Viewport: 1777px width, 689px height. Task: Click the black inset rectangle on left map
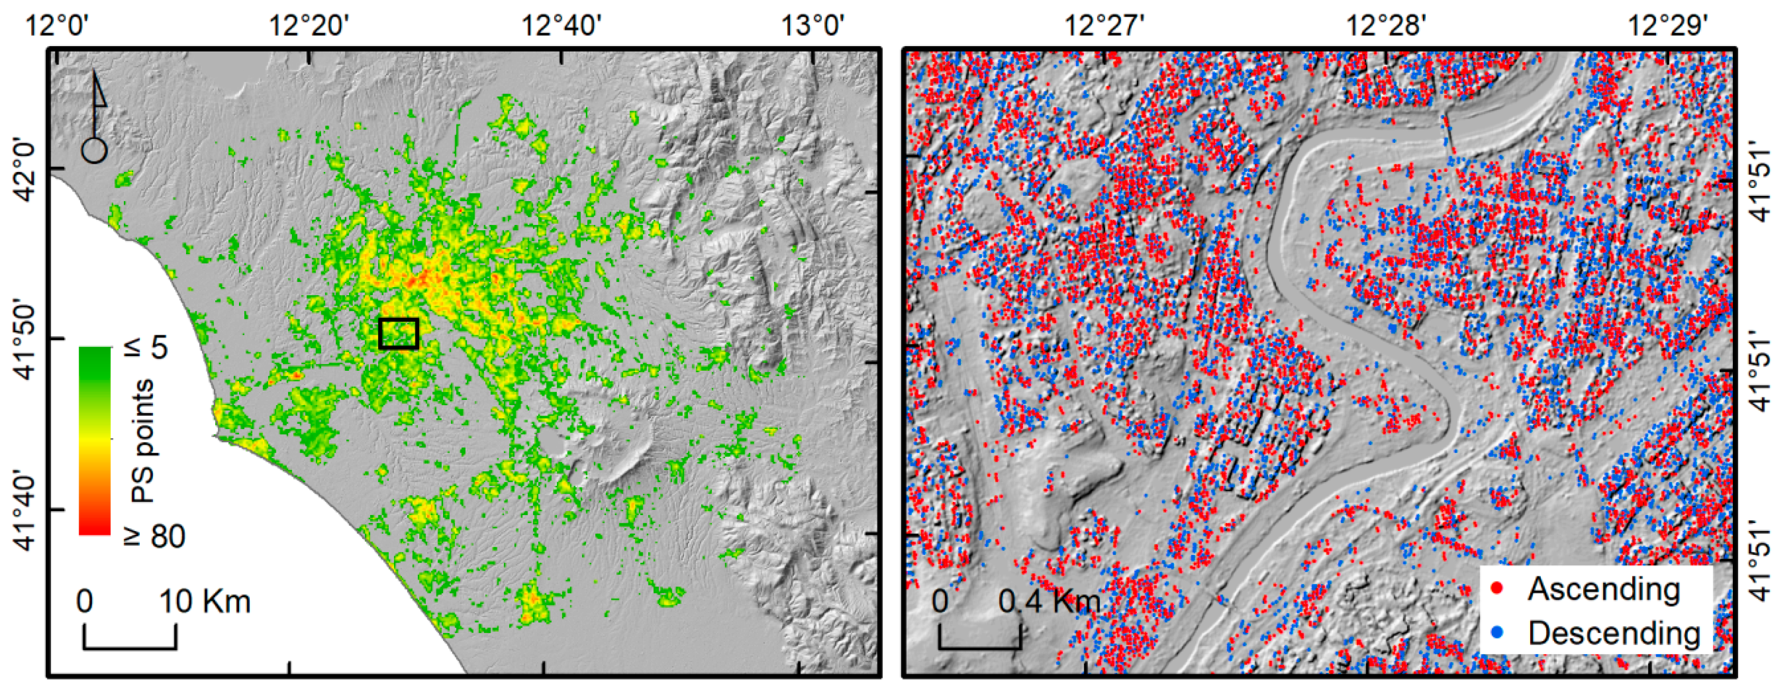pos(399,333)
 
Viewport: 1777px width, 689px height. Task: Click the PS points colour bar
pos(95,441)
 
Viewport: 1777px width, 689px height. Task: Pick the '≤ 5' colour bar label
pos(148,347)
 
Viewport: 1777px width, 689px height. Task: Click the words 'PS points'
pos(143,441)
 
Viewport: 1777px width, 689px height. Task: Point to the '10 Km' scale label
pos(205,602)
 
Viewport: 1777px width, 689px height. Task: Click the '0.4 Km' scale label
pos(1048,602)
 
